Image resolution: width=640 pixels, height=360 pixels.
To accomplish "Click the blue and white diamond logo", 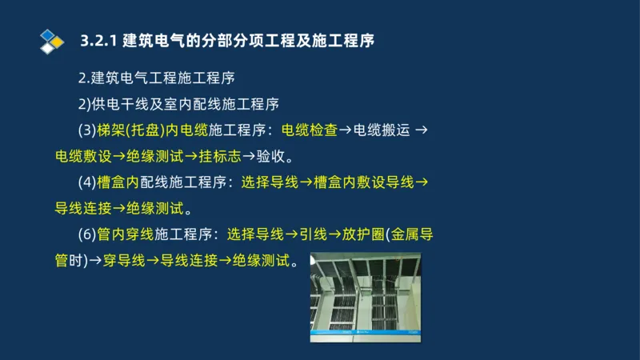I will click(x=51, y=40).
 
